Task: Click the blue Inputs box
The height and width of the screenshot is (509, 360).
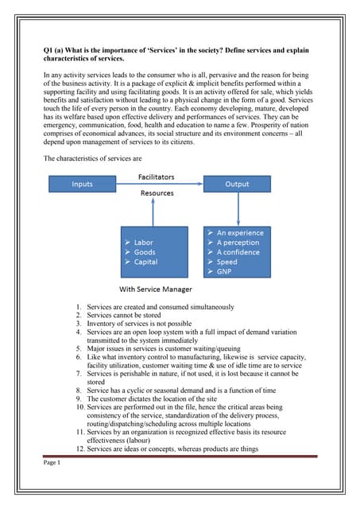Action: pos(83,184)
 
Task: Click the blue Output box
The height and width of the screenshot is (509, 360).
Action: pos(238,184)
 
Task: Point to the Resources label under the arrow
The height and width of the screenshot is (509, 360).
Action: pos(157,193)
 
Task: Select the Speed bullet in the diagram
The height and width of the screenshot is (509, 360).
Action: pos(226,262)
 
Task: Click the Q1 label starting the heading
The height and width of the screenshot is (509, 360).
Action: pos(48,50)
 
